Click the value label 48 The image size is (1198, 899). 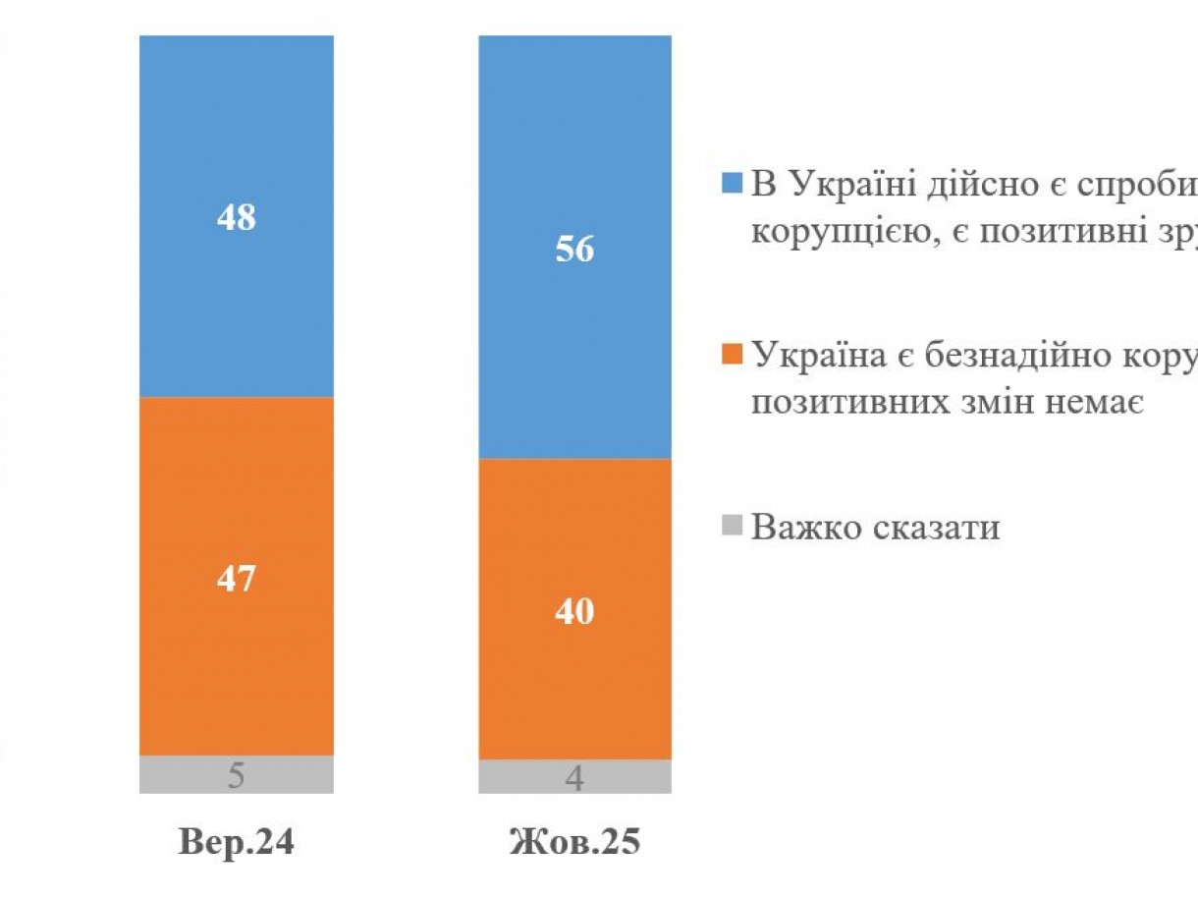tap(236, 217)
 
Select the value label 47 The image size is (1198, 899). tap(236, 578)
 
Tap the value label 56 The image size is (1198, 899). tap(574, 250)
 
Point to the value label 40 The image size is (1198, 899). tap(574, 612)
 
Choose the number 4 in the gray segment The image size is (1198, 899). tap(575, 778)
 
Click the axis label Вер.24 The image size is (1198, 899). tap(236, 842)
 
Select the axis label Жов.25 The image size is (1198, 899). tap(574, 842)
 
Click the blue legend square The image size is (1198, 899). tap(733, 184)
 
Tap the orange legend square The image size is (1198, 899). tap(733, 354)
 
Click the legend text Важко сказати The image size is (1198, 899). tap(876, 528)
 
